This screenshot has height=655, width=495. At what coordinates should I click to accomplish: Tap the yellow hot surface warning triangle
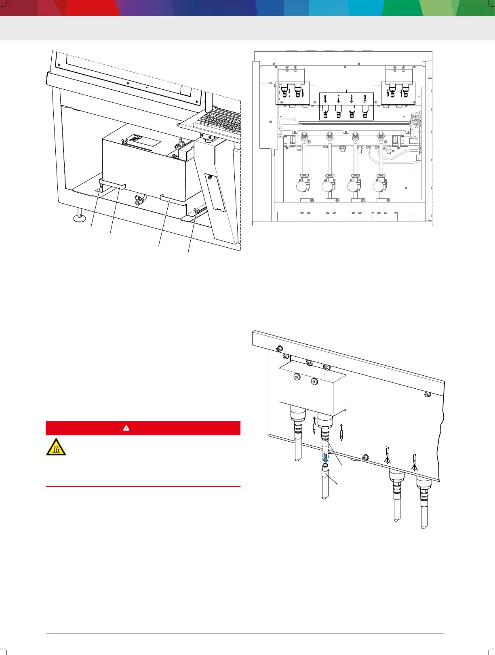pos(56,446)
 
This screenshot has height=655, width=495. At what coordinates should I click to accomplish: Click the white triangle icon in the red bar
pos(126,428)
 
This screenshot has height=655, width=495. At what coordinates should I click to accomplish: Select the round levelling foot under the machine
pos(79,219)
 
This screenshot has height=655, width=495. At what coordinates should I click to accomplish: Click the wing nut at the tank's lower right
pos(198,211)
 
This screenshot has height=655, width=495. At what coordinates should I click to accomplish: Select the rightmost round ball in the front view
pos(378,186)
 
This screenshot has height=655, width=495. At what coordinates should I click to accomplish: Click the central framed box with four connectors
pos(346,106)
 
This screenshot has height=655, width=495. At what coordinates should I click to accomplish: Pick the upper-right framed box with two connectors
pos(398,93)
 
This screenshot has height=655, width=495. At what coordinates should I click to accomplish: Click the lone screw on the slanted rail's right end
pos(428,394)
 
